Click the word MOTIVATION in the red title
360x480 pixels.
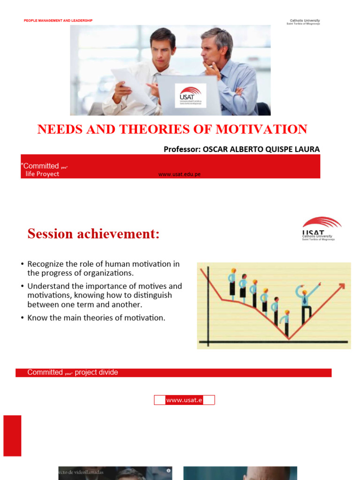[263, 129]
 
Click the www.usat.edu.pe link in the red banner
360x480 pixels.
[180, 174]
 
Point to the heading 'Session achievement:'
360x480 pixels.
[93, 233]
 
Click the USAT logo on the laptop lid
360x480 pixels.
[190, 96]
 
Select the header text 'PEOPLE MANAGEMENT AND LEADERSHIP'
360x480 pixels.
[58, 21]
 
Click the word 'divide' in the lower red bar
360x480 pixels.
[108, 372]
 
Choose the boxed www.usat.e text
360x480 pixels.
[184, 400]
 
